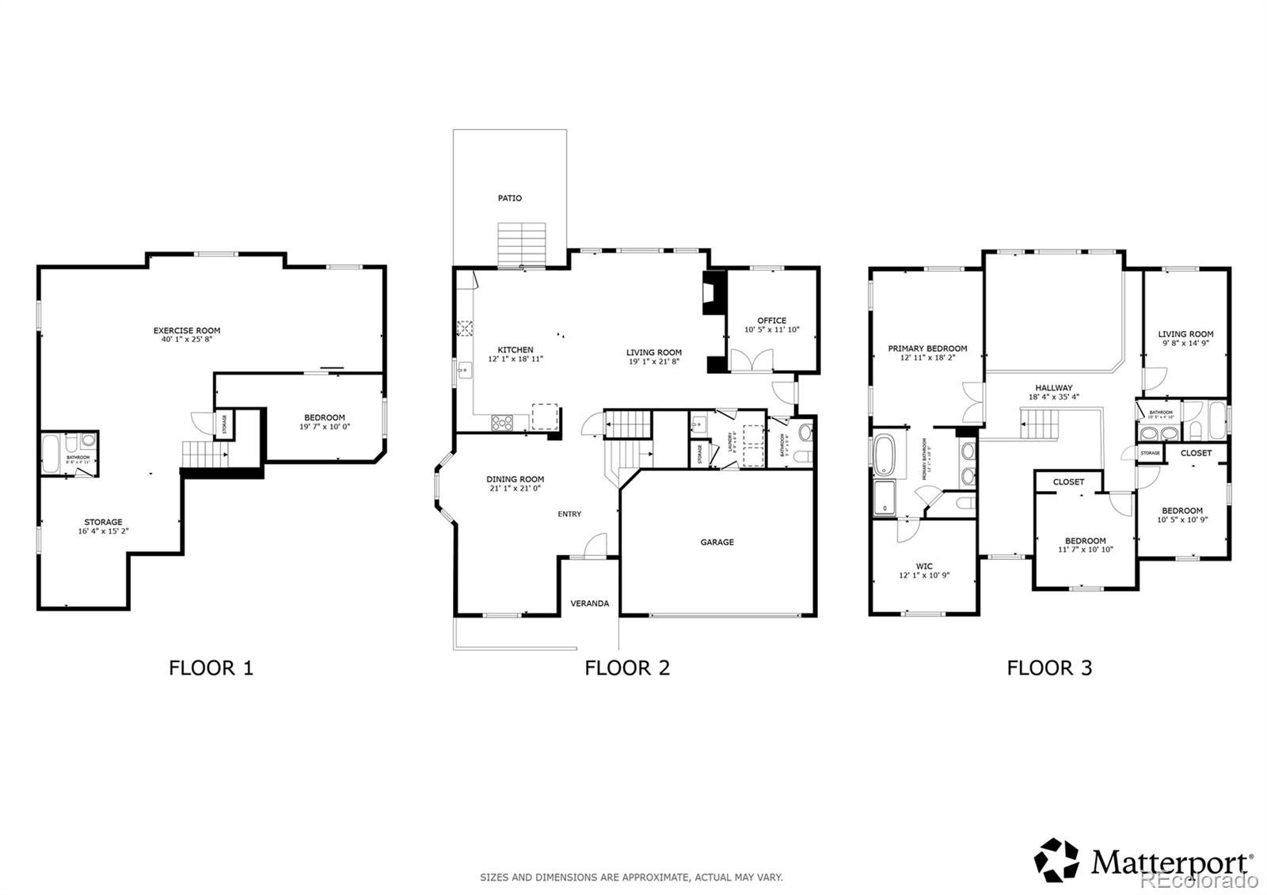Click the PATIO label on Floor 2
click(x=509, y=198)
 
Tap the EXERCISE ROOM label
click(x=187, y=330)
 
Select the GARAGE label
click(x=717, y=543)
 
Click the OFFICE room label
click(x=771, y=321)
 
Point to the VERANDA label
click(x=590, y=604)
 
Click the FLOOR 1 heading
click(x=211, y=668)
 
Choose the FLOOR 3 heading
click(x=1049, y=668)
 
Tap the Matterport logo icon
click(x=1056, y=860)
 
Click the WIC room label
click(x=924, y=566)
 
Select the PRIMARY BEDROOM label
click(x=927, y=348)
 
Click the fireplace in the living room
click(x=712, y=295)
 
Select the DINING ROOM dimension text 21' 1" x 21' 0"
click(x=515, y=489)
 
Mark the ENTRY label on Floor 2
click(x=569, y=514)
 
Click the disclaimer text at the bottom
click(x=631, y=877)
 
